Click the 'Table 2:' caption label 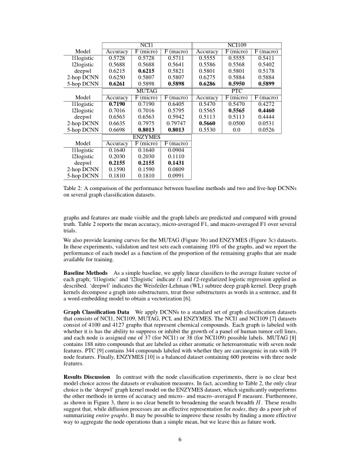tap(74, 188)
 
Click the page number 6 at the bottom tap(180, 439)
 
